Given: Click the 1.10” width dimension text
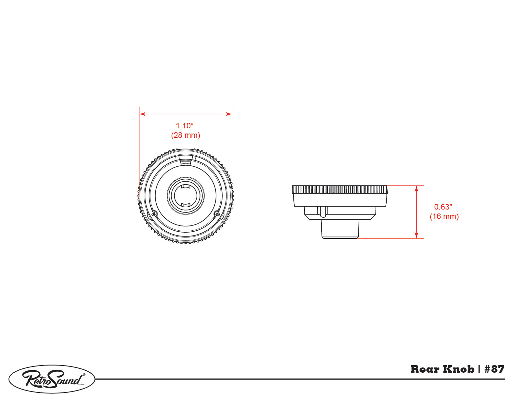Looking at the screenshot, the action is click(185, 125).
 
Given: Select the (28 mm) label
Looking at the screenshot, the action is click(186, 135).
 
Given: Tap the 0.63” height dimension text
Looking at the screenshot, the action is click(443, 207).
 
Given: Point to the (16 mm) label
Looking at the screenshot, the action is click(444, 216).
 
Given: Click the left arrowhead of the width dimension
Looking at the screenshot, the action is click(142, 114).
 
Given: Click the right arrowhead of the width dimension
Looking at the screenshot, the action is click(229, 114).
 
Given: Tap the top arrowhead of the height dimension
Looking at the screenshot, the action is click(417, 188).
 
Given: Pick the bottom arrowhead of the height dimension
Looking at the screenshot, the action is click(417, 235).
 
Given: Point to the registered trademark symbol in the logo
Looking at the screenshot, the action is click(84, 375).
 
